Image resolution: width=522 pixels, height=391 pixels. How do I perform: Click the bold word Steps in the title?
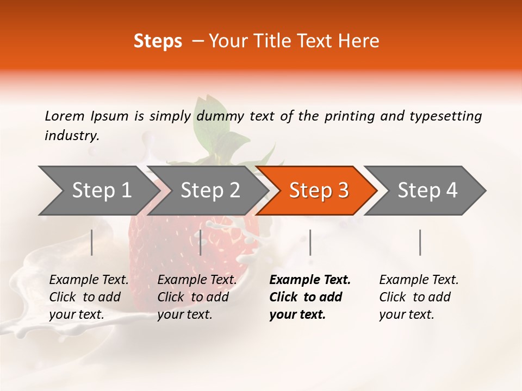[158, 41]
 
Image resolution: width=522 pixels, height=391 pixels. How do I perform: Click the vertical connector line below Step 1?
[92, 242]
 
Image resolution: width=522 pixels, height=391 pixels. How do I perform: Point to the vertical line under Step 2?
[201, 242]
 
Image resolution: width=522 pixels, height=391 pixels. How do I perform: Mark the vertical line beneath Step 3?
[310, 242]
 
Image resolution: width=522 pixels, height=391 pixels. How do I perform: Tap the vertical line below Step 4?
[420, 242]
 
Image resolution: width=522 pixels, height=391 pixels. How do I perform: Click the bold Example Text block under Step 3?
[309, 297]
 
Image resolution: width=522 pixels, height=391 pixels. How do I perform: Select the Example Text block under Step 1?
[89, 297]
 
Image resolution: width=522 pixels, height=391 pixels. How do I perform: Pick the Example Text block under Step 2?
[197, 297]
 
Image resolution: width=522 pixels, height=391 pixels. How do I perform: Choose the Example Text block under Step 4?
[419, 297]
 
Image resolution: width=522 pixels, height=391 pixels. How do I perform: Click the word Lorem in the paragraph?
[64, 116]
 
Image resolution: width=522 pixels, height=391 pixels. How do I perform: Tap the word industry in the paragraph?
[71, 136]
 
